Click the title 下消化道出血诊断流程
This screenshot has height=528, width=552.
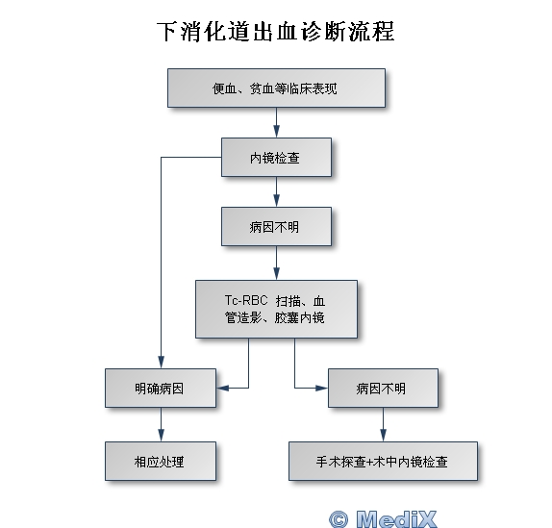[x=276, y=32]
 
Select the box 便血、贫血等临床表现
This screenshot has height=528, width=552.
[x=276, y=88]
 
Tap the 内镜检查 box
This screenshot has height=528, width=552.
[x=276, y=157]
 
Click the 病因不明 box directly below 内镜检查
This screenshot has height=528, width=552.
[x=276, y=226]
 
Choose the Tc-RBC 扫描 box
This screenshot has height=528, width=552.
[x=276, y=309]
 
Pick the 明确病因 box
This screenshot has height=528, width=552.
[x=161, y=388]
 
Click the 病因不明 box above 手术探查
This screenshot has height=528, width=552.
[x=383, y=388]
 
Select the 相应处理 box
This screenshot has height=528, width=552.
[x=161, y=461]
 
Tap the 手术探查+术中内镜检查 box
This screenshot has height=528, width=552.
[x=383, y=461]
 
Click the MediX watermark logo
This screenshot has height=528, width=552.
[x=383, y=518]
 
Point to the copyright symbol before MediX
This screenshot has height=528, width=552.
[x=339, y=519]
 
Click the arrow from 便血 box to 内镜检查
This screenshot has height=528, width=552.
[x=276, y=122]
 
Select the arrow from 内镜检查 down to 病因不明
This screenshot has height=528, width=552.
[x=276, y=191]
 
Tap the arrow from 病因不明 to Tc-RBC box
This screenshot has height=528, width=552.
[x=276, y=263]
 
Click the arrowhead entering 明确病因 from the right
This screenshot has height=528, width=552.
[x=222, y=388]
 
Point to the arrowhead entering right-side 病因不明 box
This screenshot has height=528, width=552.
[x=322, y=388]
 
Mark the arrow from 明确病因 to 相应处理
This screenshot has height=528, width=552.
[x=161, y=424]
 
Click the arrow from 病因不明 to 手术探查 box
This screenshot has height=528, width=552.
[x=384, y=424]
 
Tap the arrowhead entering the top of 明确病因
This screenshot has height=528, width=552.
[x=161, y=363]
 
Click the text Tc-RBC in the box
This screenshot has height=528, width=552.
[x=246, y=300]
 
